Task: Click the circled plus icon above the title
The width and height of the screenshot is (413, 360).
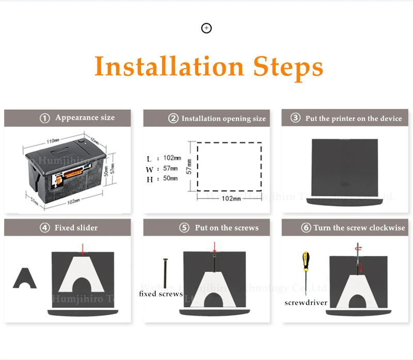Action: (206, 28)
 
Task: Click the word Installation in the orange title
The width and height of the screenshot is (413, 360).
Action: (169, 67)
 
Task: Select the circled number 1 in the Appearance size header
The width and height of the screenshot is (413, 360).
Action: (45, 118)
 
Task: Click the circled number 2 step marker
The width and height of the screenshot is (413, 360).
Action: (173, 119)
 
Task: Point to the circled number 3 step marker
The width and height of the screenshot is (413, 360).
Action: (295, 118)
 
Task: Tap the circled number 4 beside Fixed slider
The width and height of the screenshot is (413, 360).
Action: (45, 227)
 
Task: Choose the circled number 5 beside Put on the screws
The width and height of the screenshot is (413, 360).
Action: (184, 227)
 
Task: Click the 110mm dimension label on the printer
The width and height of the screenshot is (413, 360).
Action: (53, 141)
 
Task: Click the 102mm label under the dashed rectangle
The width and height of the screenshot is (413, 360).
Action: (231, 199)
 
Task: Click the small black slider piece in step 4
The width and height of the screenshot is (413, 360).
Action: (24, 277)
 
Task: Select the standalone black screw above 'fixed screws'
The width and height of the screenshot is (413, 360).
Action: (164, 273)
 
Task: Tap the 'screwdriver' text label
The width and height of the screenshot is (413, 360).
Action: (306, 303)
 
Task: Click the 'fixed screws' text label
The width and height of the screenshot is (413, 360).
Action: (161, 294)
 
